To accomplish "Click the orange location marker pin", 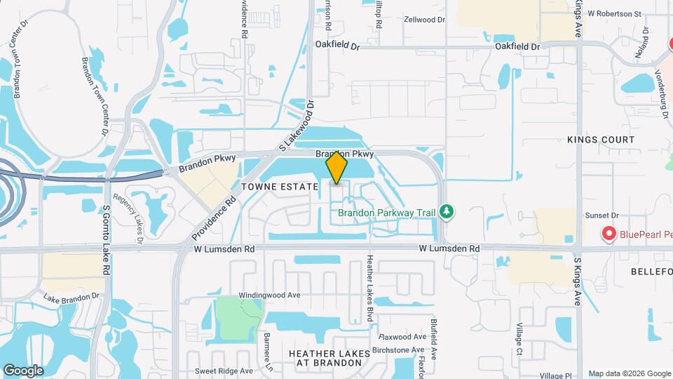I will point(336,167).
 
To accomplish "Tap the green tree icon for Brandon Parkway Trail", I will point(446,211).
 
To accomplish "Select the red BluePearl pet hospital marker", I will point(609,234).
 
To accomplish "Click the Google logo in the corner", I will point(23,370).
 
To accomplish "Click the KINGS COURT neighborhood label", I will point(601,140).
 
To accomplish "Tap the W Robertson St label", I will point(614,13).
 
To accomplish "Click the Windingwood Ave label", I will point(269,295).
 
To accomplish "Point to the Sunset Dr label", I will point(604,217).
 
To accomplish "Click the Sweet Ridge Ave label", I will point(224,371).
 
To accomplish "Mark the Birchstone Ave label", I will point(397,350).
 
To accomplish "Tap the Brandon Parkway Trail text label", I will point(387,211).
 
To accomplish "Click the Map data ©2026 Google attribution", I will point(629,373).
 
